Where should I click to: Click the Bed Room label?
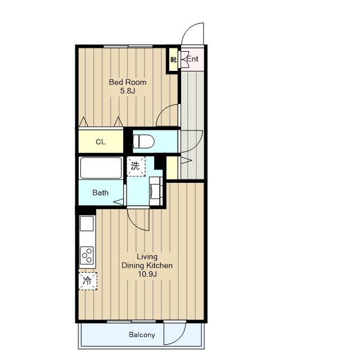[x=128, y=82]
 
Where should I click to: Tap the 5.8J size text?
[x=128, y=91]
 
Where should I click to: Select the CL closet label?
[x=101, y=142]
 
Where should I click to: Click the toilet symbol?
[x=143, y=141]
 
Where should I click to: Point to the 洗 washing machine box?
[x=136, y=166]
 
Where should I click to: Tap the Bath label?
[x=100, y=192]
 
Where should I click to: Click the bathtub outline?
[x=101, y=168]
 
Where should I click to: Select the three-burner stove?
[x=87, y=255]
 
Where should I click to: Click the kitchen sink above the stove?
[x=87, y=223]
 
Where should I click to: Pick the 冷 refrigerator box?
[x=88, y=281]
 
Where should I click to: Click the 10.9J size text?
[x=147, y=274]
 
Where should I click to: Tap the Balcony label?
[x=142, y=335]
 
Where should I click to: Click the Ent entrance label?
[x=192, y=59]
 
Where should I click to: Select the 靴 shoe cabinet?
[x=174, y=60]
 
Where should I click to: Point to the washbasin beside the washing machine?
[x=156, y=191]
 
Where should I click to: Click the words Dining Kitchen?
[x=147, y=265]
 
